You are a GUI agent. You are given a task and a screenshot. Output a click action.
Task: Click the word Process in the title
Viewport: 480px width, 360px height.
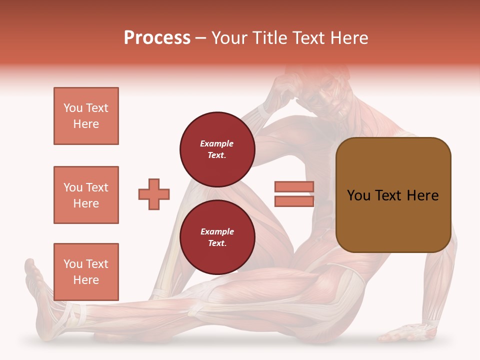point(157,38)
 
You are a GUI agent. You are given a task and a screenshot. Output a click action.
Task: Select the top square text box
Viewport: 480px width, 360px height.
point(86,116)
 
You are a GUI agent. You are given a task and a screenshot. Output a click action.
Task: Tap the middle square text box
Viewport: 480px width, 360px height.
point(86,195)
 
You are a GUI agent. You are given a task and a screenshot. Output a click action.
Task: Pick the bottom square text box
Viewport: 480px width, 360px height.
point(86,272)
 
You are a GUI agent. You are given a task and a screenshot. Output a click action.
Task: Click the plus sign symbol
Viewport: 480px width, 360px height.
point(154,194)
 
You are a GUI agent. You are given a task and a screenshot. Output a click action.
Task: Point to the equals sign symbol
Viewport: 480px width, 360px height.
point(294,194)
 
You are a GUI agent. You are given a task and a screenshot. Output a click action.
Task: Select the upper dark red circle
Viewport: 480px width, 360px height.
point(217,149)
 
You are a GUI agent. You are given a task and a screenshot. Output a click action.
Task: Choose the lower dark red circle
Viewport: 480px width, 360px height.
point(217,237)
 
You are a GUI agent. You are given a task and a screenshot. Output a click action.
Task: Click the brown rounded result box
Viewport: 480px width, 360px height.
point(393,195)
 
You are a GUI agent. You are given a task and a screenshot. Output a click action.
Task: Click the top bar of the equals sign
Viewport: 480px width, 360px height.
point(294,187)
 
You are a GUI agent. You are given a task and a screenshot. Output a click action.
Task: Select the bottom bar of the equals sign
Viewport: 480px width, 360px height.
point(294,201)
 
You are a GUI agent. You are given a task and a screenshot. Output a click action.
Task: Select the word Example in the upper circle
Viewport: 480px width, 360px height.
point(217,143)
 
